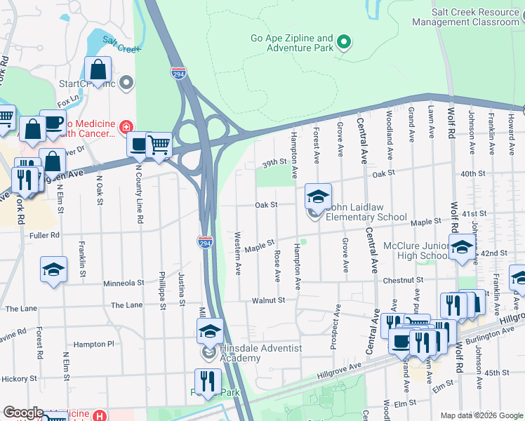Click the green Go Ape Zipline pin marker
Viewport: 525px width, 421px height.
(343, 43)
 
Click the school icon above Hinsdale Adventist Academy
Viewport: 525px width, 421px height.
(209, 330)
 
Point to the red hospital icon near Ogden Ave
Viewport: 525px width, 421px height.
(126, 127)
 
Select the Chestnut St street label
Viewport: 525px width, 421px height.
(404, 279)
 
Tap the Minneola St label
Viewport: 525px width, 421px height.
(124, 283)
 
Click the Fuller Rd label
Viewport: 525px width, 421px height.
(45, 235)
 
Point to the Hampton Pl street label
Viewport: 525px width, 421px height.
(93, 345)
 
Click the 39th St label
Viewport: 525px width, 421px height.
(274, 162)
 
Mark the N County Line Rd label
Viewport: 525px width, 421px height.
(139, 199)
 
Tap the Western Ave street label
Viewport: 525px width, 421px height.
(238, 253)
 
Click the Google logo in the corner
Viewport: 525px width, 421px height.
(23, 413)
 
